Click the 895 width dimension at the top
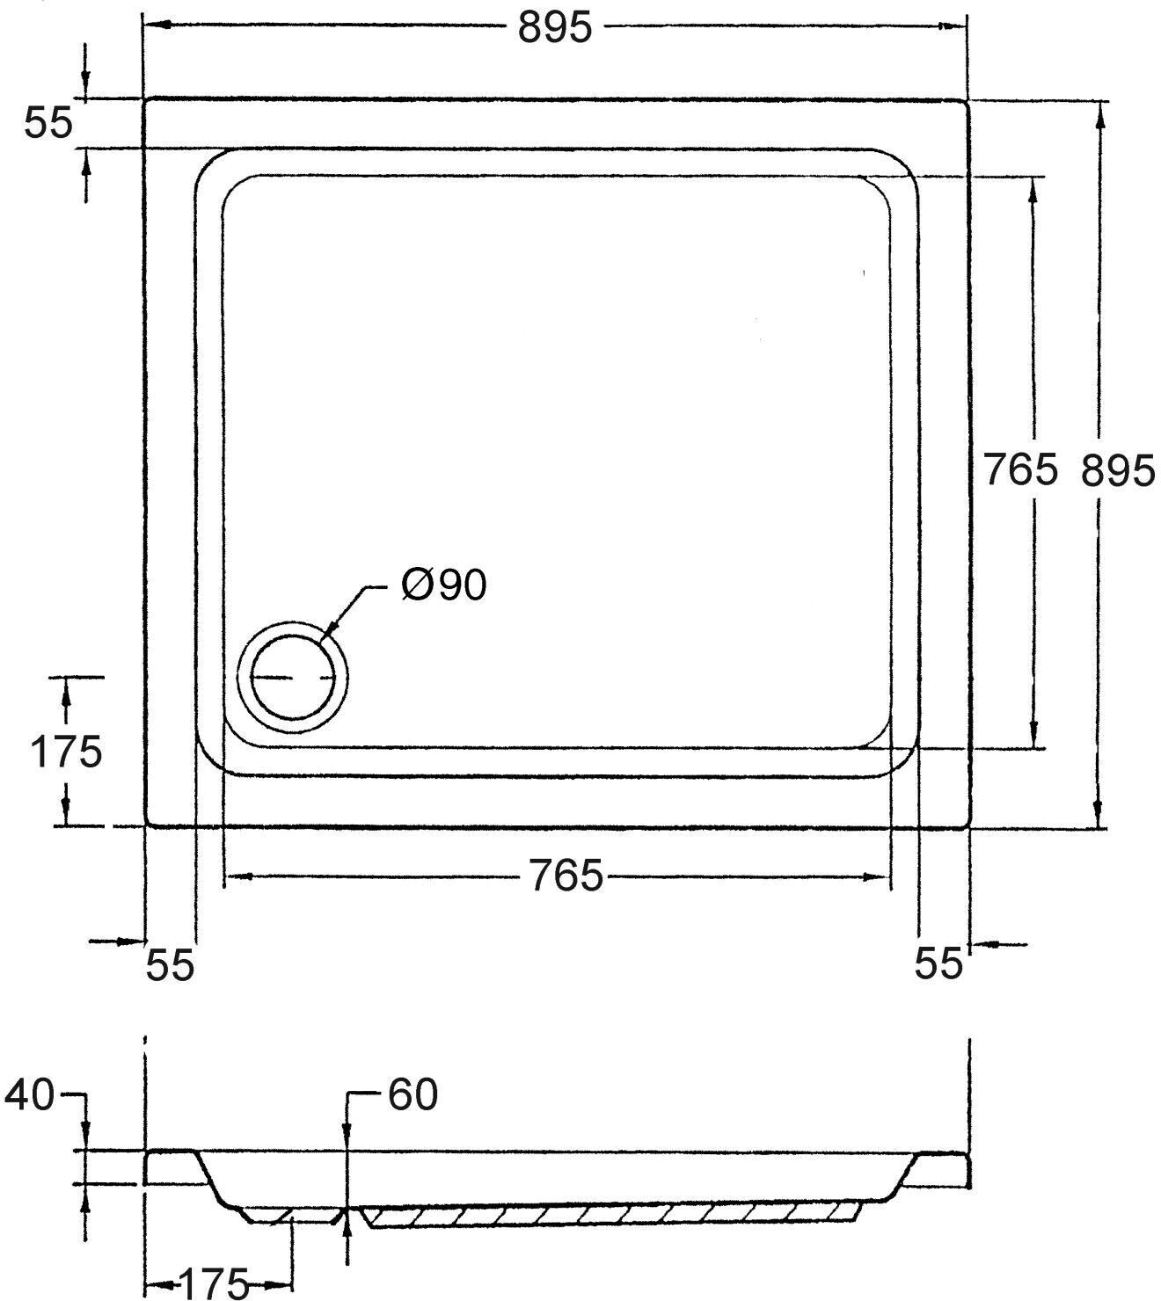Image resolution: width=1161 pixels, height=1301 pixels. point(554,28)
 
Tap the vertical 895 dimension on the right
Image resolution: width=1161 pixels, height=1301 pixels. point(1117,470)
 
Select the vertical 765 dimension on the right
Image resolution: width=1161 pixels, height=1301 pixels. point(1020,469)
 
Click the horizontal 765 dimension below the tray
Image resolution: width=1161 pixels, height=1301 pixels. point(566,876)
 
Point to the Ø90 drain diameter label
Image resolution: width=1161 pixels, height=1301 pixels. point(444,585)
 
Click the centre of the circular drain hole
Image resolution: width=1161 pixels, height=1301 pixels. point(293,677)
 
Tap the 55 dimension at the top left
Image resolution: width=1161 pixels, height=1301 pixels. point(48,123)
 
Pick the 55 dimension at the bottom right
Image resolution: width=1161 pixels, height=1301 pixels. point(938,963)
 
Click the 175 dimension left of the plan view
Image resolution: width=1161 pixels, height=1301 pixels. point(66,752)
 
